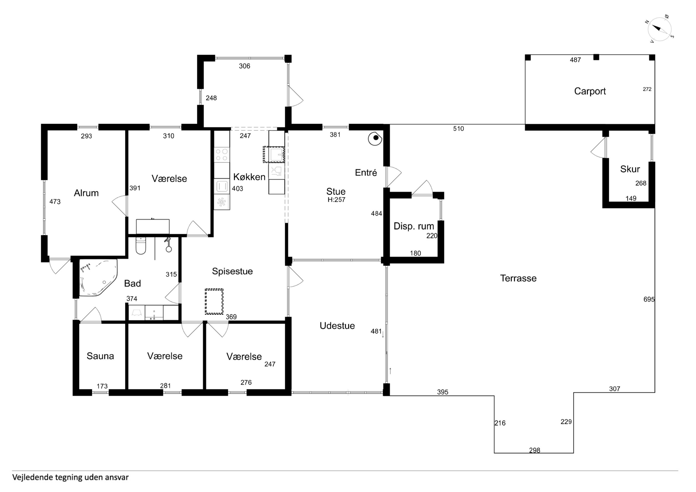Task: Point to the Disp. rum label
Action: pos(414,226)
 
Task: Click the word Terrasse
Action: pos(518,278)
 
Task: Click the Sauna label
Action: pos(100,356)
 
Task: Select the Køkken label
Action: pos(249,177)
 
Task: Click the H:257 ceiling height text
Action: pos(336,200)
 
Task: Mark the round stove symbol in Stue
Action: pos(375,138)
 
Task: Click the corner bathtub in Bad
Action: pos(98,277)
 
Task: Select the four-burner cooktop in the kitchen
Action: pos(222,154)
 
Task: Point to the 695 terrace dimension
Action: pos(649,300)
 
